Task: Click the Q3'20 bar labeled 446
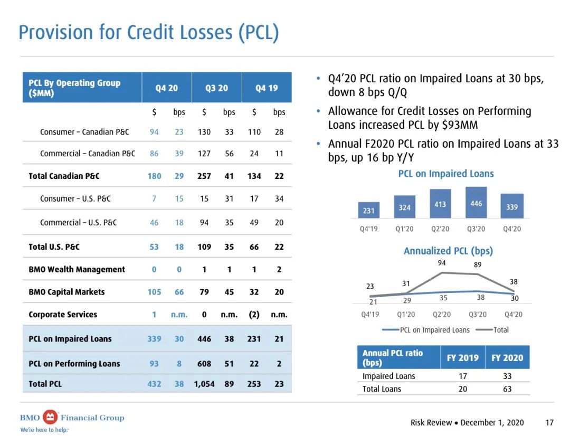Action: (476, 203)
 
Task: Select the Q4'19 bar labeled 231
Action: (368, 210)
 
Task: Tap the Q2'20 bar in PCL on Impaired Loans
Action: (440, 204)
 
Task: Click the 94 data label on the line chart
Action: (442, 263)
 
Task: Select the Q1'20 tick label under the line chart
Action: (406, 315)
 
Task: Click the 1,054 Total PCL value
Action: (204, 384)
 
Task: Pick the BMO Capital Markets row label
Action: (66, 292)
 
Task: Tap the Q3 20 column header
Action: (216, 88)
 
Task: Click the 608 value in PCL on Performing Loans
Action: (204, 364)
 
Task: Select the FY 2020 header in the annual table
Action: (507, 357)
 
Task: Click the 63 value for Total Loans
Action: (507, 389)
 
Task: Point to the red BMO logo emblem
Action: (50, 417)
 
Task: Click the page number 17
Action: (549, 422)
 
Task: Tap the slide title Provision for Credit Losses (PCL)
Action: (149, 32)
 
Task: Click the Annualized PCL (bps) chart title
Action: (448, 251)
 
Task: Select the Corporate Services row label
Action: (63, 315)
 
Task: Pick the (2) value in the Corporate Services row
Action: (254, 315)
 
